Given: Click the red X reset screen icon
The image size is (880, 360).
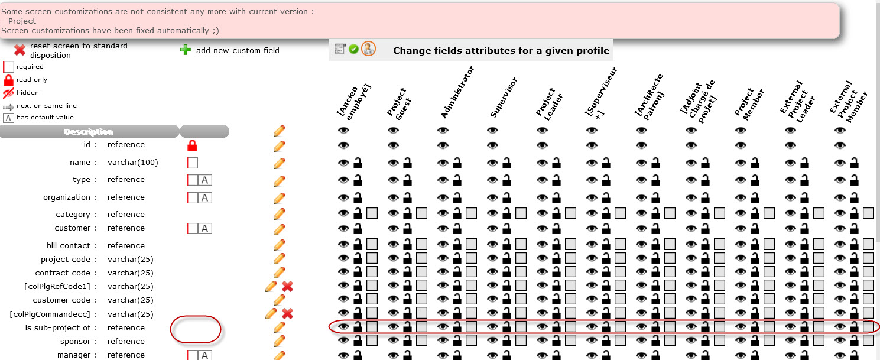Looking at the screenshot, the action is pyautogui.click(x=20, y=50).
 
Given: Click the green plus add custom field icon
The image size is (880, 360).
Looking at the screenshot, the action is pyautogui.click(x=186, y=50).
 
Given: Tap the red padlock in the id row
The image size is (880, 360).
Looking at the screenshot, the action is pyautogui.click(x=192, y=145).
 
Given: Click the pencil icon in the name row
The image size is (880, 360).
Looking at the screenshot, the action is pyautogui.click(x=279, y=163).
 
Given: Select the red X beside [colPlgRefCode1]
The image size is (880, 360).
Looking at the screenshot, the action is pyautogui.click(x=288, y=287).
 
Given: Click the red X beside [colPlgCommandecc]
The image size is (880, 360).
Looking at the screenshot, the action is pyautogui.click(x=288, y=314).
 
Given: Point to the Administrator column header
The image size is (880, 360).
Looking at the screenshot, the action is pyautogui.click(x=457, y=92).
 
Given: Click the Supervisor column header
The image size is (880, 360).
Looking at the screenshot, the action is pyautogui.click(x=504, y=98).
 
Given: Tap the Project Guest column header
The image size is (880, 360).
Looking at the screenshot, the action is pyautogui.click(x=399, y=103).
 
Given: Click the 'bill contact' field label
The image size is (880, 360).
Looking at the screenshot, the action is pyautogui.click(x=69, y=246).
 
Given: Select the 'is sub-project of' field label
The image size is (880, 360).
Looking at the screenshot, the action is pyautogui.click(x=58, y=327).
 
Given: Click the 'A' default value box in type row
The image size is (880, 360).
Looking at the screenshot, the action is pyautogui.click(x=204, y=180).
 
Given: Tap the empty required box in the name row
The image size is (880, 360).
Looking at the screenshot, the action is pyautogui.click(x=192, y=163).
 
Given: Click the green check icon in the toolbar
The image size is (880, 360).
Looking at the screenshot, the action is pyautogui.click(x=353, y=49).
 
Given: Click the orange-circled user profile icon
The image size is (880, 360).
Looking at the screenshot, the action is pyautogui.click(x=369, y=48).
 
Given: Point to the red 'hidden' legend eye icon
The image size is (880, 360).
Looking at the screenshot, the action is pyautogui.click(x=8, y=93).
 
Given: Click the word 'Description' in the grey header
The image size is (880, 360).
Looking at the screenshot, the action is pyautogui.click(x=89, y=132).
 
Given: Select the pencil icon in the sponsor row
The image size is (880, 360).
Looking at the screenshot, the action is pyautogui.click(x=279, y=341).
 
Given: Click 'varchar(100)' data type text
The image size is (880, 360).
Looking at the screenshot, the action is pyautogui.click(x=133, y=163).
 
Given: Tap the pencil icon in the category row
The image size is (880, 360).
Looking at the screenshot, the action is pyautogui.click(x=279, y=214).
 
